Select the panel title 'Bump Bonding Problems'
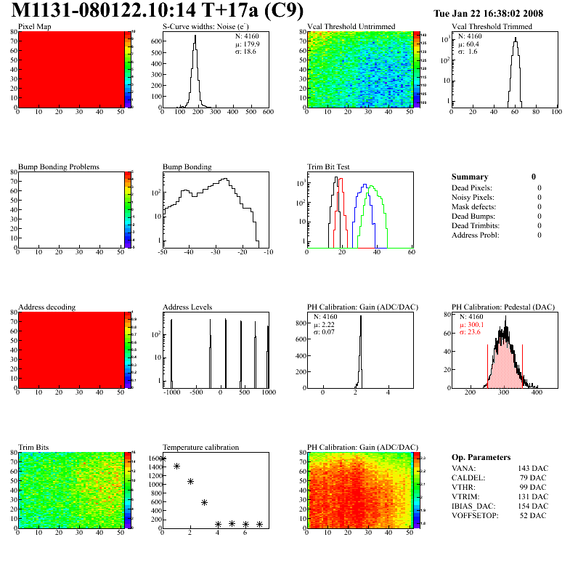[59, 166]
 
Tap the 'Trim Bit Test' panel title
[329, 166]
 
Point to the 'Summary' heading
[470, 177]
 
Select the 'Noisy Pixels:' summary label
[473, 197]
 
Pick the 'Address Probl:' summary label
[476, 235]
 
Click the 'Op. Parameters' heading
[481, 457]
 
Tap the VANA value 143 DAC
[533, 468]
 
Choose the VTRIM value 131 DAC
[533, 496]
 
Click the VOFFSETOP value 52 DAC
[534, 515]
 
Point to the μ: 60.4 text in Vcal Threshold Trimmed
[468, 44]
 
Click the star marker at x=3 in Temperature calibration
[204, 502]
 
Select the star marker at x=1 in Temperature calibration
[176, 467]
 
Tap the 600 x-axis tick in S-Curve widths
[267, 113]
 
